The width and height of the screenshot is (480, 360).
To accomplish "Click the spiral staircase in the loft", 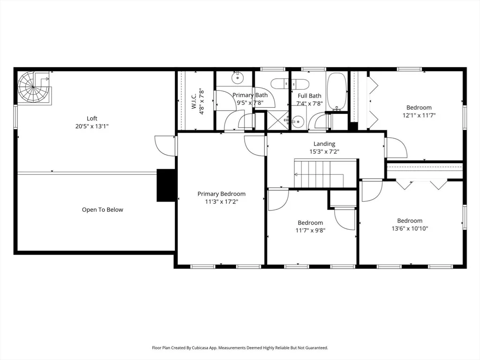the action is click(x=33, y=88).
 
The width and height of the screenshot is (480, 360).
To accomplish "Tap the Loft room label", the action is click(x=92, y=119).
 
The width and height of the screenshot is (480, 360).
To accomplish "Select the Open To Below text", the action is click(x=103, y=210).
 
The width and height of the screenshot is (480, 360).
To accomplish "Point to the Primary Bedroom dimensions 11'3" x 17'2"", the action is click(x=221, y=202).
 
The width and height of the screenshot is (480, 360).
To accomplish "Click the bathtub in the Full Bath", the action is click(x=337, y=91).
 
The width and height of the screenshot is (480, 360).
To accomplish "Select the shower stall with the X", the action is click(x=278, y=120).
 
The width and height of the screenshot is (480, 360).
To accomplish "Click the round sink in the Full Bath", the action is click(x=297, y=121).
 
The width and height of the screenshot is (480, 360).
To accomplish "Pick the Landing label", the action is click(x=324, y=143).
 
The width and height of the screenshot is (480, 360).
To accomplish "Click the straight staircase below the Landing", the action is click(x=326, y=173).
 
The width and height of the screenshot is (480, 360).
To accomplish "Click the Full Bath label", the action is click(x=309, y=96).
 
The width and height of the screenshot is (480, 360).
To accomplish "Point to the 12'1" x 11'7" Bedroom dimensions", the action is click(x=419, y=115).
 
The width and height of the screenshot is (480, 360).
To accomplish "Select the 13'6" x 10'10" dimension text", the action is click(x=410, y=228).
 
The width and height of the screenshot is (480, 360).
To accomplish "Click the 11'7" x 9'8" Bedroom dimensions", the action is click(x=310, y=230).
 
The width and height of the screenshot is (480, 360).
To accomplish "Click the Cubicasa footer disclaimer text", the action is click(x=240, y=348).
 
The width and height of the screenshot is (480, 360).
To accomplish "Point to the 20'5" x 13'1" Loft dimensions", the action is click(x=92, y=126).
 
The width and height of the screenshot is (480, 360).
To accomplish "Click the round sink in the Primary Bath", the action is click(x=237, y=78).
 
